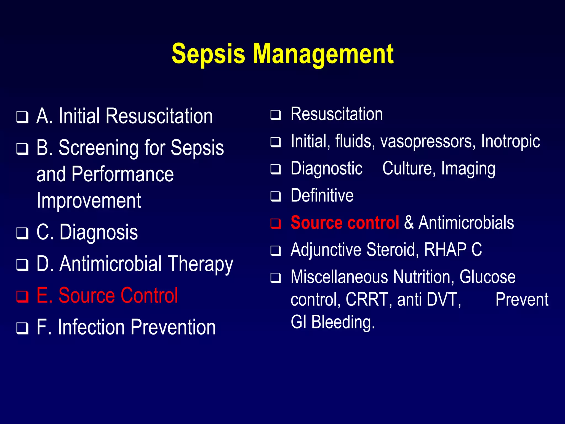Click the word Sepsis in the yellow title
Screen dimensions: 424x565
(208, 54)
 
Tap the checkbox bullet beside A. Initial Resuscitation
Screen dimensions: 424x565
(22, 117)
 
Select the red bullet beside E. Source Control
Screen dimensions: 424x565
(22, 297)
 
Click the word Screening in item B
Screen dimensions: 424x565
(98, 148)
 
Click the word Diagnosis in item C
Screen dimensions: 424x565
(98, 232)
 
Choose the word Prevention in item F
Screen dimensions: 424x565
(173, 327)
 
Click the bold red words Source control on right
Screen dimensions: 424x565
(345, 223)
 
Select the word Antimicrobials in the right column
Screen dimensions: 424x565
(466, 223)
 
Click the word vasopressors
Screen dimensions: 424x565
(428, 142)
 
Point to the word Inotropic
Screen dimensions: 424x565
(510, 142)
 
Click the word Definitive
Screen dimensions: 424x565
(322, 196)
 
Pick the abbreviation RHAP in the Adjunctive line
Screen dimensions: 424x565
(445, 250)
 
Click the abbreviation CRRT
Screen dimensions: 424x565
(367, 300)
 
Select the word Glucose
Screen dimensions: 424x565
(487, 277)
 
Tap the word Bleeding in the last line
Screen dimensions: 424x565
(343, 322)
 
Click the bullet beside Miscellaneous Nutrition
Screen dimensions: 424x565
(276, 278)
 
